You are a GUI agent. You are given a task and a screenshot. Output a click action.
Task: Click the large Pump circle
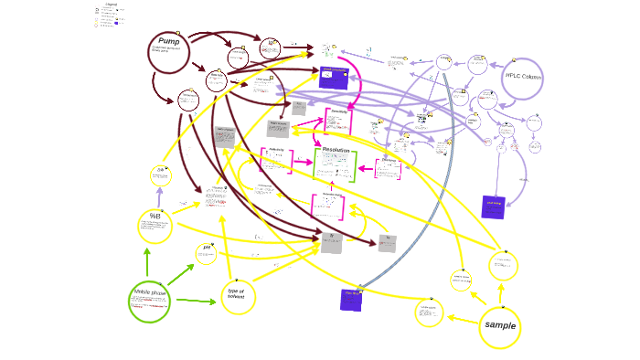pos(168,51)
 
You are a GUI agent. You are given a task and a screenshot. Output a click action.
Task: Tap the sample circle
pos(500,326)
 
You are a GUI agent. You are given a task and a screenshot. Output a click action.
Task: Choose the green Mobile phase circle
pos(149,301)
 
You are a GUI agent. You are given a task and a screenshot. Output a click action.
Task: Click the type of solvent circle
pos(238,295)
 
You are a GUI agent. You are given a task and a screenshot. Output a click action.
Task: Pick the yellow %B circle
pos(155,225)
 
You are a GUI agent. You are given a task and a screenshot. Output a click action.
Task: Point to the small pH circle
pos(207,253)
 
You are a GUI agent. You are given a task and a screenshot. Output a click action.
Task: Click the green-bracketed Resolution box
pos(336,164)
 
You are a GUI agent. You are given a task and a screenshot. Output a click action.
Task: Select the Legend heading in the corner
pos(111,5)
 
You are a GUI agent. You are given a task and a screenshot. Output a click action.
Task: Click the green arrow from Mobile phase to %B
pos(146,261)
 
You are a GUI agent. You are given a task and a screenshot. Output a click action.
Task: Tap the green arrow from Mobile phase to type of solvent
pos(196,301)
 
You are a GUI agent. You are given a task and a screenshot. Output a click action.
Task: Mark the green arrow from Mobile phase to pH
pos(180,275)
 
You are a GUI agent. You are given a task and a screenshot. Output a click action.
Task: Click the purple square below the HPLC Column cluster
pos(493,206)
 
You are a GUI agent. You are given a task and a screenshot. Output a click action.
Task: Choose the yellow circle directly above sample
pos(503,266)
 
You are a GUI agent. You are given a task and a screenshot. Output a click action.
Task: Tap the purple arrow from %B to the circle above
pos(157,196)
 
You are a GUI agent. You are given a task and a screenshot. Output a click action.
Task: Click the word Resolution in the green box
pos(336,150)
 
